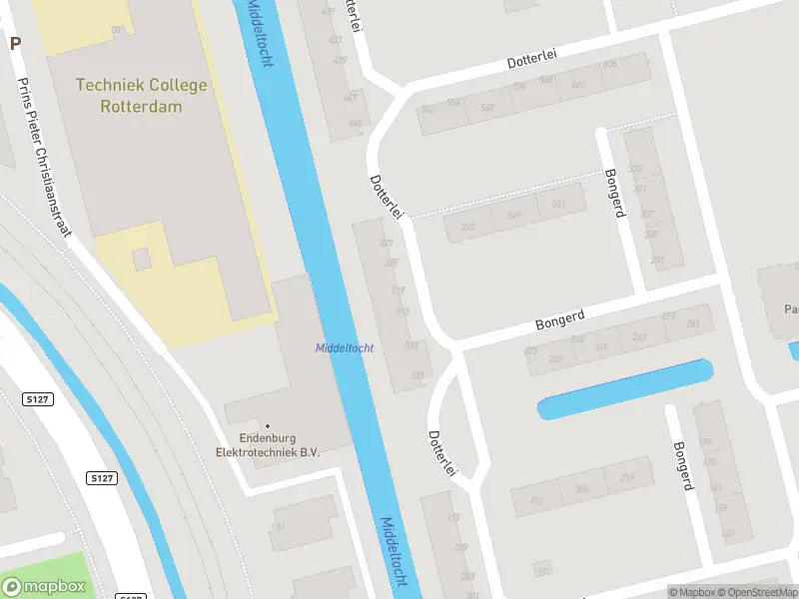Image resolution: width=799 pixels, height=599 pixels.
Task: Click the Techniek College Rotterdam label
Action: (142, 95)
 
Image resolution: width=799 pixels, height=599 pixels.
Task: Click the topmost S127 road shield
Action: (37, 399)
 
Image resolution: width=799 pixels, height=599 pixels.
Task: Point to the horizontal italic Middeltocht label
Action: (345, 347)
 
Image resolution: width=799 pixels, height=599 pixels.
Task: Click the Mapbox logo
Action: (44, 586)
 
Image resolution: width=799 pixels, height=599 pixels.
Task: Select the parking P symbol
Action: (14, 43)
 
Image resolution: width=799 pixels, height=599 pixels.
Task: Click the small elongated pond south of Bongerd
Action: (625, 388)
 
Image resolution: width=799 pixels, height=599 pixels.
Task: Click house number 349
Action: (513, 216)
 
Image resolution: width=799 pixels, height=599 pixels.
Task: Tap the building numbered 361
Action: (557, 205)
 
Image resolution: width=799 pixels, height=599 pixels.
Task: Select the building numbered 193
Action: (535, 500)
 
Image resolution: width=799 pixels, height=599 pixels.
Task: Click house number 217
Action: (627, 478)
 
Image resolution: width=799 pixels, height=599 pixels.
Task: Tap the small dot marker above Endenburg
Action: (268, 426)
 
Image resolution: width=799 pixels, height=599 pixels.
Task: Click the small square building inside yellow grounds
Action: (142, 259)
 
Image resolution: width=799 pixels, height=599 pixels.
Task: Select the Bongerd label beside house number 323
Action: (614, 193)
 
